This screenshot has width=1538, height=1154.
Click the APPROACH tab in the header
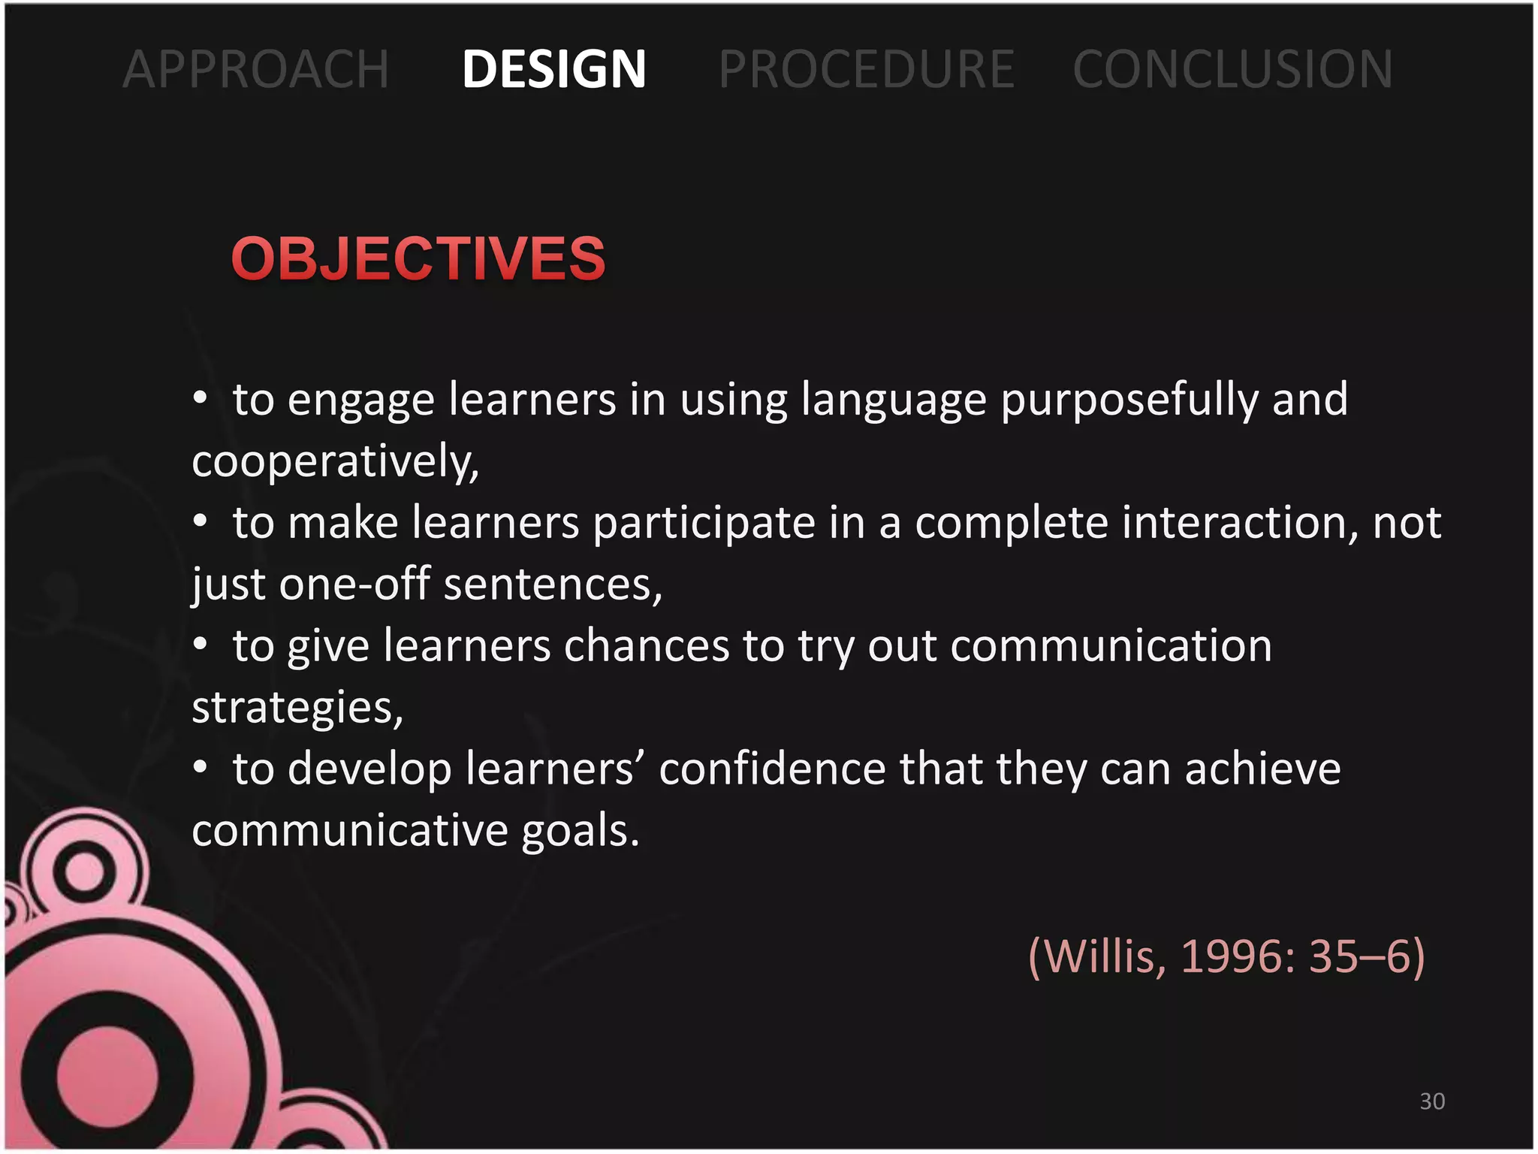point(256,69)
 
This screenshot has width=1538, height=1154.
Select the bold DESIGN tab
point(554,69)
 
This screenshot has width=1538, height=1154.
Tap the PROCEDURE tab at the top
point(867,69)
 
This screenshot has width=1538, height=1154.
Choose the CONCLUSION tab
point(1232,69)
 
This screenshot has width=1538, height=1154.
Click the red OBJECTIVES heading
point(418,258)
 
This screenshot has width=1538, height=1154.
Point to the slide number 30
point(1432,1101)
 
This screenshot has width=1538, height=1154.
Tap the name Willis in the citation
point(1099,956)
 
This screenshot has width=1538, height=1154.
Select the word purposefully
point(1129,400)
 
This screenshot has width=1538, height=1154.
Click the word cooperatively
point(335,461)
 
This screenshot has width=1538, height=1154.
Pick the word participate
point(704,523)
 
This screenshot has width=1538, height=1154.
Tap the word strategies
point(297,708)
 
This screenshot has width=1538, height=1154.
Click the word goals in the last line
point(580,831)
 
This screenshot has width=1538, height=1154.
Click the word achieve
point(1262,769)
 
